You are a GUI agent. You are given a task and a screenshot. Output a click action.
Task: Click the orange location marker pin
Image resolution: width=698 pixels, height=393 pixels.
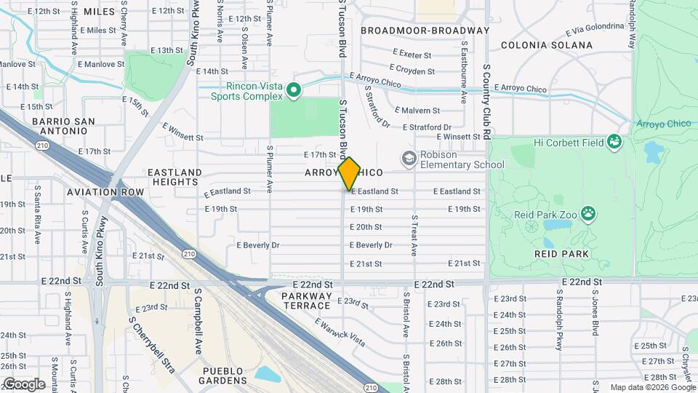click(x=349, y=173)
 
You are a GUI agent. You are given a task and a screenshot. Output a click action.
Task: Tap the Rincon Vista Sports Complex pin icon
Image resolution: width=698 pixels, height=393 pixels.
click(x=294, y=90)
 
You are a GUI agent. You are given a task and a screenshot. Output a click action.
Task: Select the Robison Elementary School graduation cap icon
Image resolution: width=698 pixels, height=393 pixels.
click(x=409, y=158)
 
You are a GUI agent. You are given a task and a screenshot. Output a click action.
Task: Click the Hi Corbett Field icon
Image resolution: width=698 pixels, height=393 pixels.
click(x=615, y=141)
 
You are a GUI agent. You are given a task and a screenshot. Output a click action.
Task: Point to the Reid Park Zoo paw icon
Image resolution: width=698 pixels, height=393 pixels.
click(x=587, y=214)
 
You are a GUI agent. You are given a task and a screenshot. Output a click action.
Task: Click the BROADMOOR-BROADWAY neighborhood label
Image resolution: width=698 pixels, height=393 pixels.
click(x=425, y=31)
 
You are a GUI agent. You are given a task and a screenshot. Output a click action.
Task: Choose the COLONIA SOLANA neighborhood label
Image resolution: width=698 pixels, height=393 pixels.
click(x=547, y=45)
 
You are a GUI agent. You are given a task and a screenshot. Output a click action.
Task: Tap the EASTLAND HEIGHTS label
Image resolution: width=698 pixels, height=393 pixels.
click(x=174, y=178)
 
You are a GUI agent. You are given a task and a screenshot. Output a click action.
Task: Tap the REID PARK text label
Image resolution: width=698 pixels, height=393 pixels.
click(x=561, y=253)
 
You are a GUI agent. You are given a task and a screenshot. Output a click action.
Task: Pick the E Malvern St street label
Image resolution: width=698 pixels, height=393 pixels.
click(x=417, y=111)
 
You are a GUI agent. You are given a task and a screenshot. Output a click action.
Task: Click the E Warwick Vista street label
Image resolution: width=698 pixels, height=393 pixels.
click(x=340, y=331)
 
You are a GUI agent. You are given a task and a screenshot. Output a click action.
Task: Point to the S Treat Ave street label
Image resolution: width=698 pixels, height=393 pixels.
click(x=414, y=235)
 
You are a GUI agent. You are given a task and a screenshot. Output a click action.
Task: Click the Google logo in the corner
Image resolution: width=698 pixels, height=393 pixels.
click(x=24, y=384)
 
